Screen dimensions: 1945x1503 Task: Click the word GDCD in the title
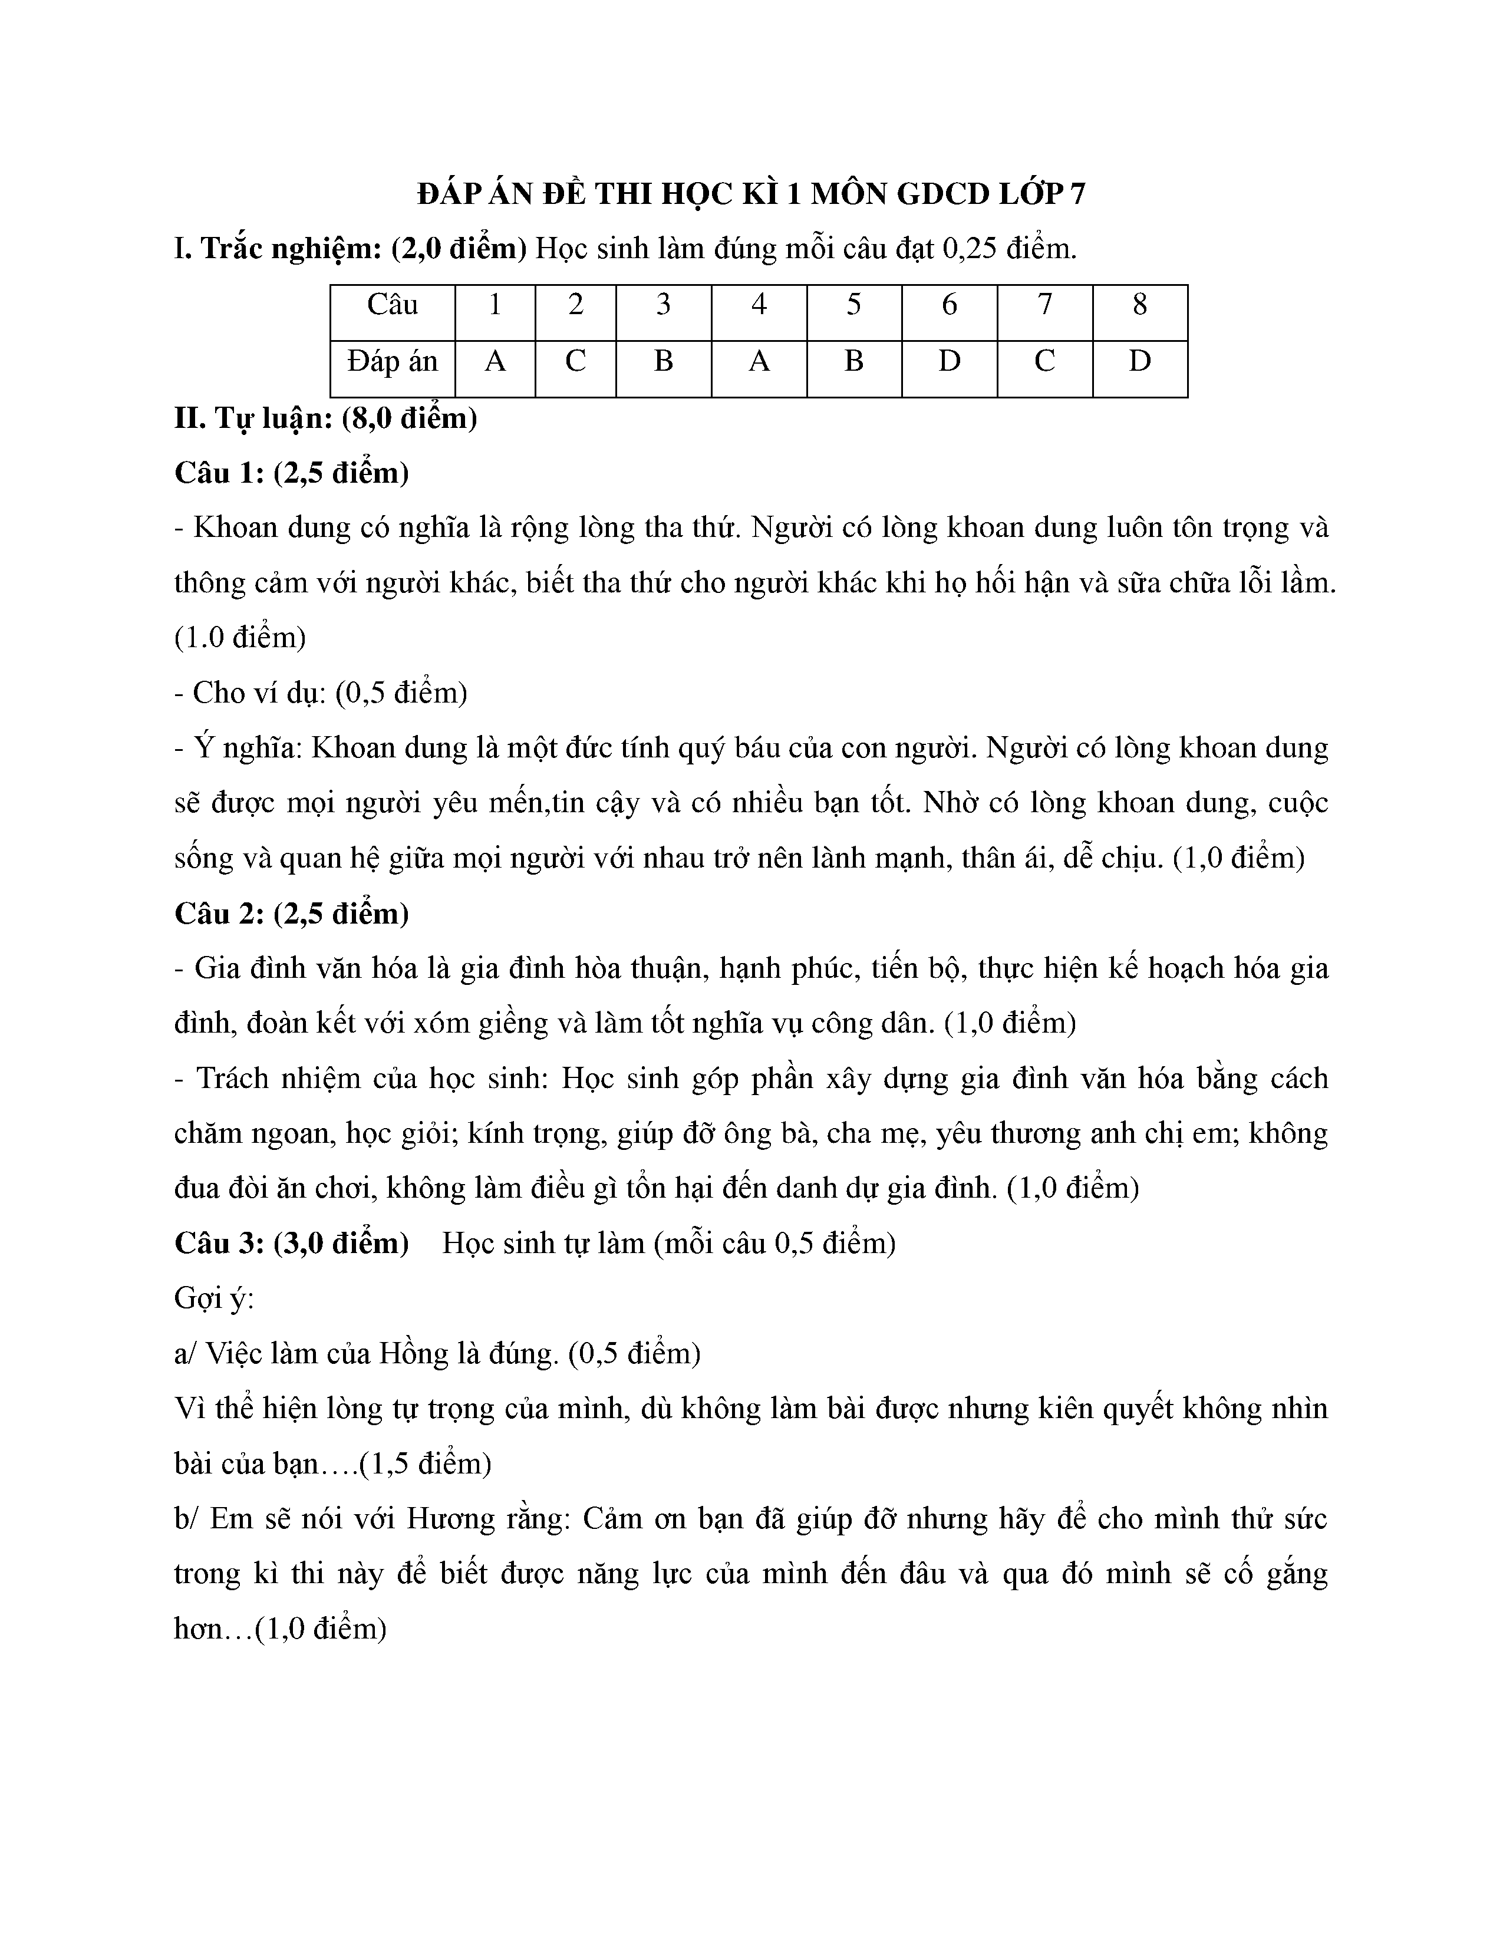click(942, 194)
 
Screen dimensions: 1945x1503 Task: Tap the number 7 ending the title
click(1078, 194)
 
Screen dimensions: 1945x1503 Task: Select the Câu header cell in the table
click(392, 305)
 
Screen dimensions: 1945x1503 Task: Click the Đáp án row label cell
click(392, 361)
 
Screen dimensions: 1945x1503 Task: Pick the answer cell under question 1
click(495, 361)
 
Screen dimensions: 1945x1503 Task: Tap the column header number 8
click(1140, 305)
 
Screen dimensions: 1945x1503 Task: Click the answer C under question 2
click(575, 361)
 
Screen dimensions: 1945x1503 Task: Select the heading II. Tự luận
click(325, 418)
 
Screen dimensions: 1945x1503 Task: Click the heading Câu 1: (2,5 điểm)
click(291, 473)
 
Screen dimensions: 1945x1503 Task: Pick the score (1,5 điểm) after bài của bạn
click(425, 1464)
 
